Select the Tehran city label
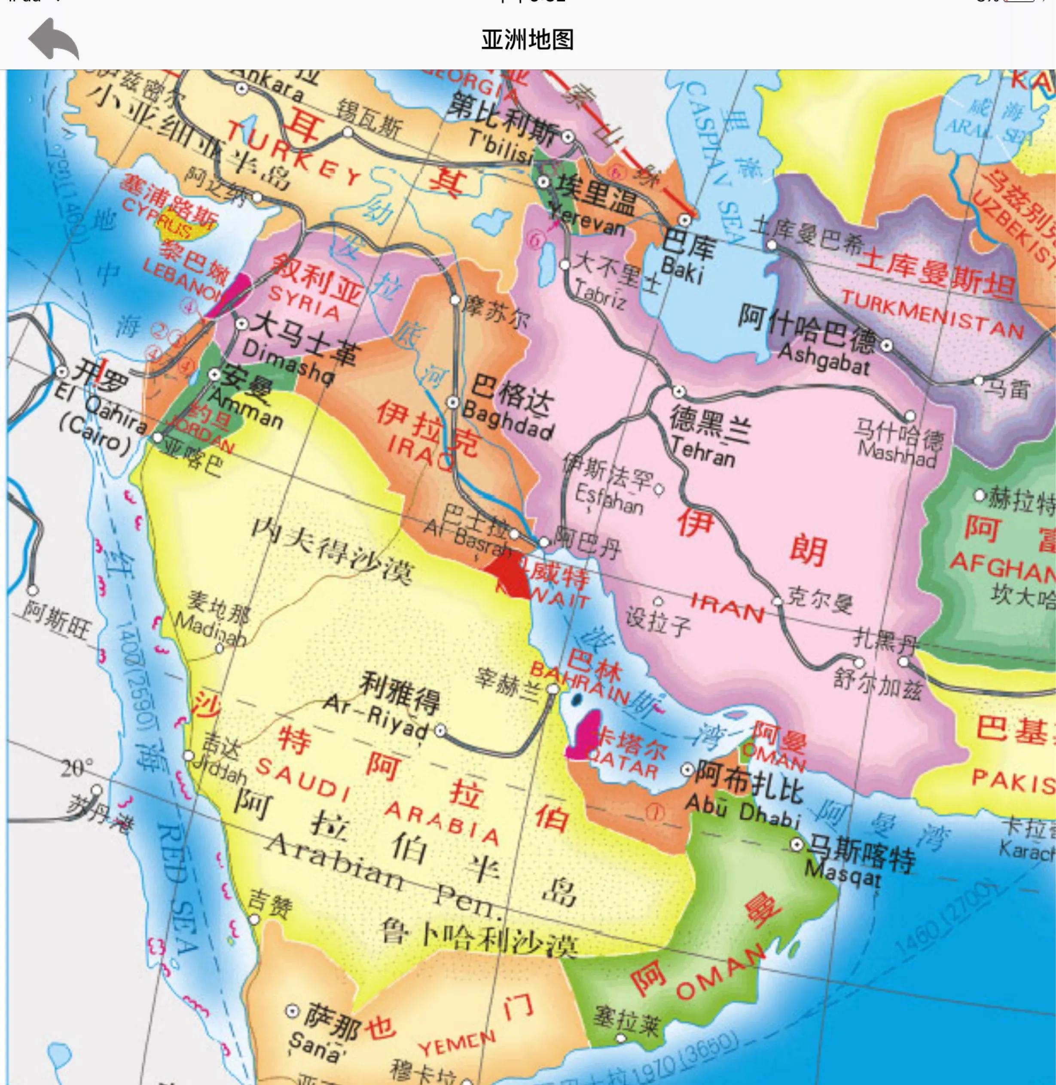pos(703,450)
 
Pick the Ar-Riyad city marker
pos(440,730)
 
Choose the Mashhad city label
pos(896,455)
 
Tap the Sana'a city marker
pos(292,1011)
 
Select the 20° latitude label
pos(76,768)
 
